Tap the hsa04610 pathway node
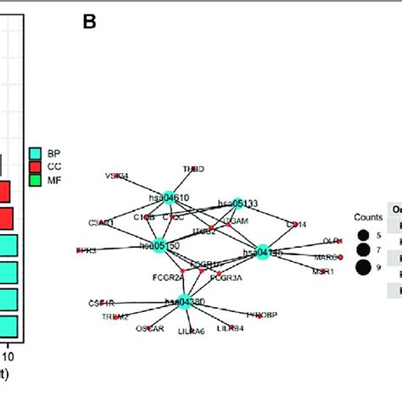[x=169, y=197]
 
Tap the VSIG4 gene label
[x=117, y=176]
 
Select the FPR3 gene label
[x=86, y=251]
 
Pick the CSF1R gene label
[x=100, y=302]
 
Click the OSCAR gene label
[x=153, y=328]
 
